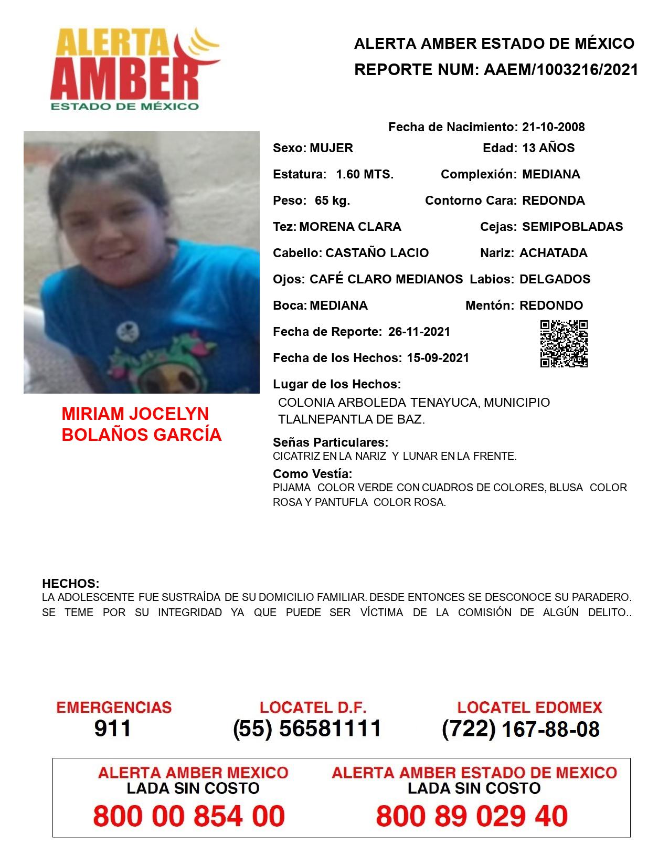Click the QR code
(x=564, y=344)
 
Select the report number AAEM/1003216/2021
(x=561, y=70)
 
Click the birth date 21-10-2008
(x=553, y=127)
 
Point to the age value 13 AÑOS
(x=548, y=148)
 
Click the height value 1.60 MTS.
(x=365, y=174)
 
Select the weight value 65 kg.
(x=332, y=200)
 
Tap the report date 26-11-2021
(x=419, y=332)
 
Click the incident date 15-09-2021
(x=438, y=358)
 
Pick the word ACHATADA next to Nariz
(x=553, y=253)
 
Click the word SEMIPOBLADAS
(x=572, y=227)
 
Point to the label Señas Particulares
(x=331, y=442)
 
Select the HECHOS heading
(x=70, y=584)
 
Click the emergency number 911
(x=113, y=728)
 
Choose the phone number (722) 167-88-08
(x=521, y=729)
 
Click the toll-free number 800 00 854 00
(x=189, y=816)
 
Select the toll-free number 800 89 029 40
(x=472, y=816)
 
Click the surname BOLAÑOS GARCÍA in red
(x=142, y=435)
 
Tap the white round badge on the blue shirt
(x=125, y=330)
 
